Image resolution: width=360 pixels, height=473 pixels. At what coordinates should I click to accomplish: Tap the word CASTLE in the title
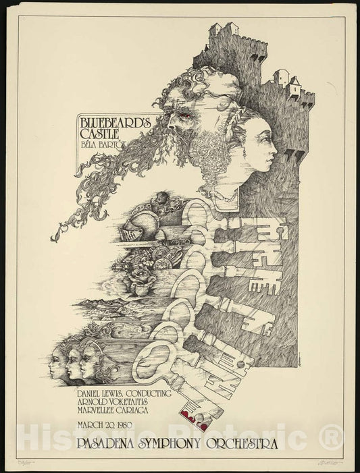click(99, 136)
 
